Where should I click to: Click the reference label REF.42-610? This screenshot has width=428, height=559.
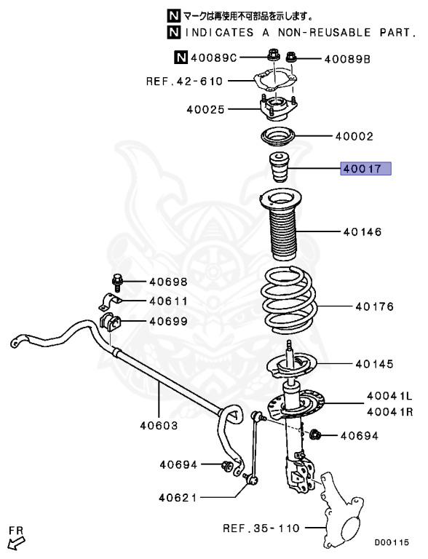[x=184, y=82]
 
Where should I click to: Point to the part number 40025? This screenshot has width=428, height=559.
[x=206, y=110]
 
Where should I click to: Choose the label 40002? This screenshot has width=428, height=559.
[x=354, y=136]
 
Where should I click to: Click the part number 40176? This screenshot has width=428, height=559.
[x=374, y=306]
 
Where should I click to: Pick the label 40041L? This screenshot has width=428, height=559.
[x=389, y=396]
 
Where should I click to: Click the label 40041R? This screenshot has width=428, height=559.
[x=389, y=411]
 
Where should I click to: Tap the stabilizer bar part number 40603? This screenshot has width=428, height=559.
[x=158, y=425]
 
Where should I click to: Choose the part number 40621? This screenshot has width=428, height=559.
[x=178, y=498]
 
